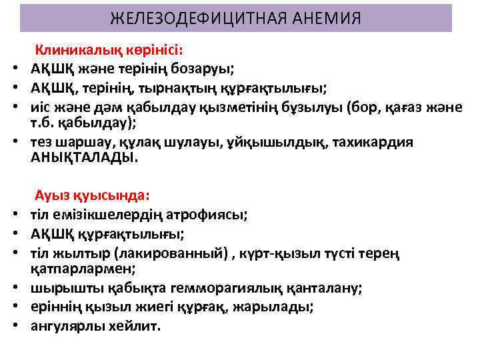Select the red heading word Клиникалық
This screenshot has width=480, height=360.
[72, 50]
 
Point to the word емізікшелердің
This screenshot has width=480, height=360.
[95, 215]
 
